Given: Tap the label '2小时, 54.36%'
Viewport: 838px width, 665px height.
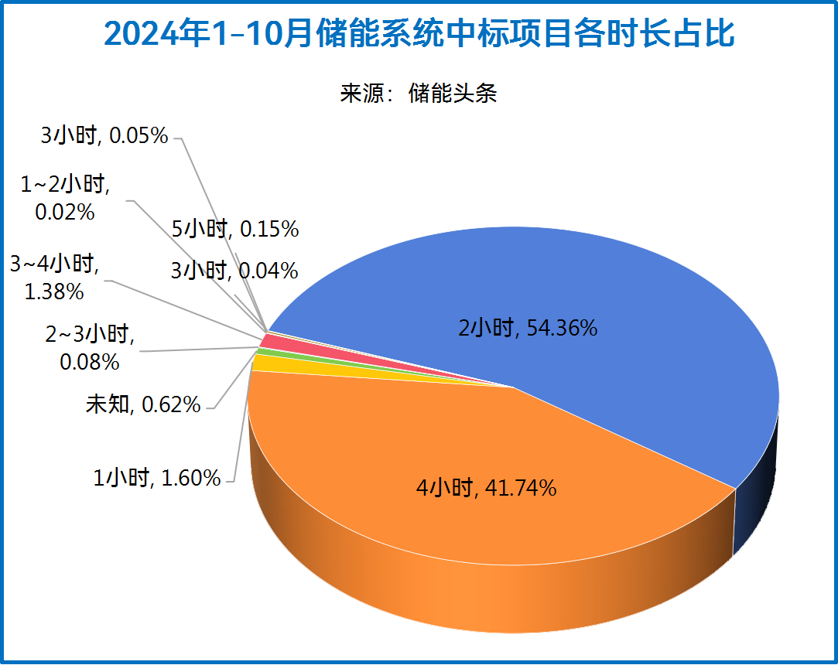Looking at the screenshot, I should point(528,329).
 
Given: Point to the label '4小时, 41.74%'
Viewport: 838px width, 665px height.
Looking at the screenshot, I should point(486,488).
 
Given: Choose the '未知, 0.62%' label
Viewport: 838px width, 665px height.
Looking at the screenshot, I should point(143,404).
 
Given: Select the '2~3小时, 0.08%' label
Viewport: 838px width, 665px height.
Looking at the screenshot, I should point(90,348).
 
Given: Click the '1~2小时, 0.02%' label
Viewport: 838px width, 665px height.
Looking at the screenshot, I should point(65,198).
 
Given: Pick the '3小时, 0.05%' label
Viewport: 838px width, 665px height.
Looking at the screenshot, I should point(104,136).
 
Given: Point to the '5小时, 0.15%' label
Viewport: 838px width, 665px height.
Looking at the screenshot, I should point(234,229).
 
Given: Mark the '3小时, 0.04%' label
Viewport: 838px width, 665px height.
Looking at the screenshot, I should point(234,271).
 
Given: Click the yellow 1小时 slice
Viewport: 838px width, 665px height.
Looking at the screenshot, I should point(267,363).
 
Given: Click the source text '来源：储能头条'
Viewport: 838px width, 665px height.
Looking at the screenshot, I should point(418,94).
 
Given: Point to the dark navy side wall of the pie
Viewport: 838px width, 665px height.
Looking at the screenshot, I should point(754,495).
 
